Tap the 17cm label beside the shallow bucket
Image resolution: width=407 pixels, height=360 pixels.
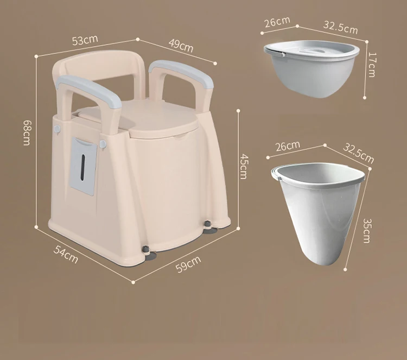[x=372, y=64]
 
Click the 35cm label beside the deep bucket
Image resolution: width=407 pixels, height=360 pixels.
[x=367, y=230]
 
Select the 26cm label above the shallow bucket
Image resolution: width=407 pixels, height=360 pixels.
[x=277, y=23]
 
